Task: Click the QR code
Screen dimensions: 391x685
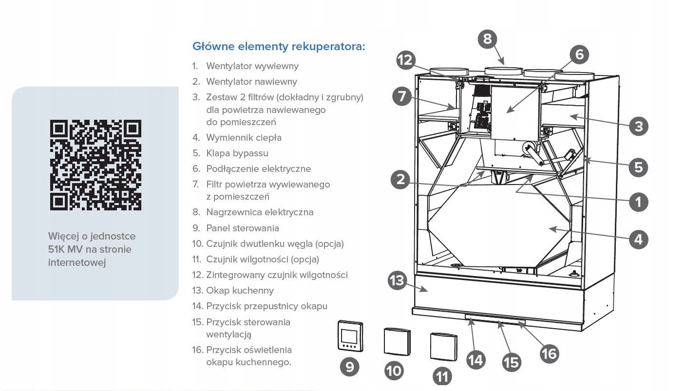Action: click(x=95, y=165)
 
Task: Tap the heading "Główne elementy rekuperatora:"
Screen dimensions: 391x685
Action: click(x=279, y=47)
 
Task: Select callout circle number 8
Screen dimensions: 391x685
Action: click(x=488, y=38)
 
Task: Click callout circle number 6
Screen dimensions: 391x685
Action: click(x=579, y=54)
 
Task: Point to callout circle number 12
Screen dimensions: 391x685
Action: click(x=405, y=60)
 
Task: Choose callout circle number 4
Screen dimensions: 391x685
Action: click(x=639, y=239)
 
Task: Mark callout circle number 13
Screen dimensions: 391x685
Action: click(x=398, y=281)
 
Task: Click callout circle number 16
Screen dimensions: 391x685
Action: click(x=549, y=353)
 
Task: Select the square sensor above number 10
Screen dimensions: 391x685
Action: click(x=397, y=342)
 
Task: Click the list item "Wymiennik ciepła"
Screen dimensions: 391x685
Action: click(x=244, y=138)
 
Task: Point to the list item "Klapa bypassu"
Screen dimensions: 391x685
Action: click(x=237, y=153)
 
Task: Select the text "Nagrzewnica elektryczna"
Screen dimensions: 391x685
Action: click(x=260, y=212)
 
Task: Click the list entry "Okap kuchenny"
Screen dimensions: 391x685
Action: click(x=240, y=291)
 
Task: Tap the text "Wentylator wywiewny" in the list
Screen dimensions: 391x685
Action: click(x=252, y=66)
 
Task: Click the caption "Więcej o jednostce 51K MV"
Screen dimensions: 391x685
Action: click(x=92, y=242)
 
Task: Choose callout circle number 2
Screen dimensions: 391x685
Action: click(x=400, y=180)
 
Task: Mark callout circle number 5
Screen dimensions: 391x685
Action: click(x=638, y=167)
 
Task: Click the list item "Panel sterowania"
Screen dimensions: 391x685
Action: click(x=243, y=228)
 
